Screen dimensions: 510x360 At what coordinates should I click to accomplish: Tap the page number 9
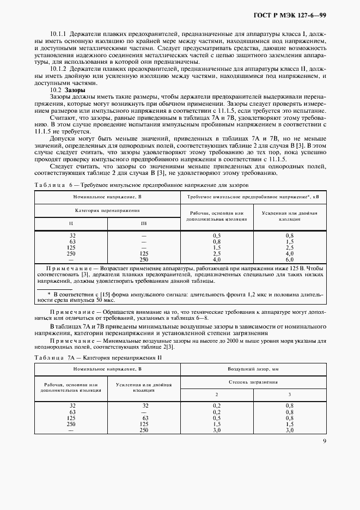[324, 441]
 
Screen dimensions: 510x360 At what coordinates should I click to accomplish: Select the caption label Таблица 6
[52, 185]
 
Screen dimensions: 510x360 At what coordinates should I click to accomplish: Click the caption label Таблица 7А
[53, 358]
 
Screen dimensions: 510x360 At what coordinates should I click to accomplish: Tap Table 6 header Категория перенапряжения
[107, 210]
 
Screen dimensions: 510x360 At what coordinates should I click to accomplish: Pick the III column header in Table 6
[144, 223]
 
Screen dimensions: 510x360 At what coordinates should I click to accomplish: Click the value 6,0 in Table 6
[290, 259]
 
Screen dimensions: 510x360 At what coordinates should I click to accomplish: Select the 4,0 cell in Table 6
[290, 253]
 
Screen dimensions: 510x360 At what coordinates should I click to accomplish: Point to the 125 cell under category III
[144, 253]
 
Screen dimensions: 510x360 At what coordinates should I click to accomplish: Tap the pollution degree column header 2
[217, 394]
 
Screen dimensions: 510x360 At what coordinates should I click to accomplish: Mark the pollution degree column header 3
[290, 394]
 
